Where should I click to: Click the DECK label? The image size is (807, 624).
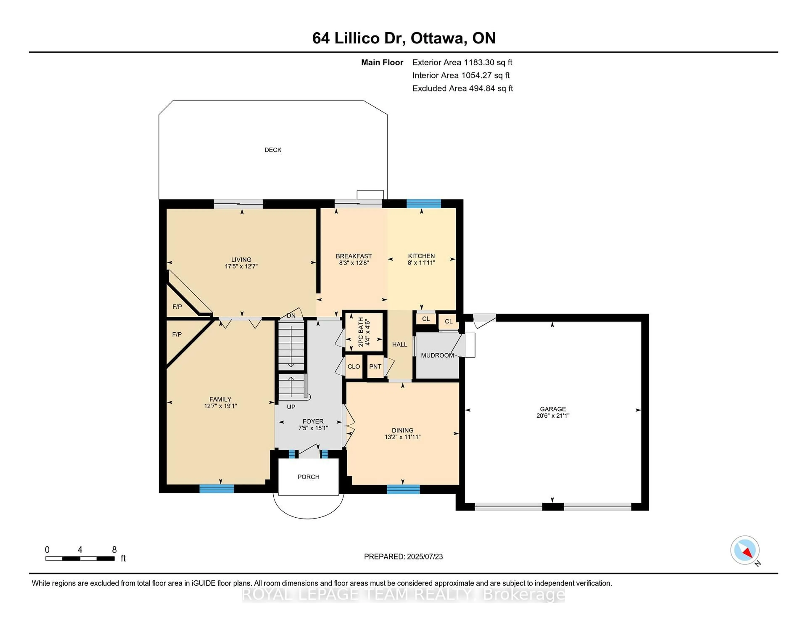[273, 150]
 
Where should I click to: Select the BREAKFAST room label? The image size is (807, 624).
[354, 256]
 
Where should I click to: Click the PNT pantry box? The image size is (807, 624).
[375, 366]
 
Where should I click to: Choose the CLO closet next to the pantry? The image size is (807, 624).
[354, 366]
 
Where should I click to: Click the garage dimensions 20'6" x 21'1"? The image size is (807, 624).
[553, 415]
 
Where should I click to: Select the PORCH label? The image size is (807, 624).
[308, 477]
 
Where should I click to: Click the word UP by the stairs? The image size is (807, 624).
[291, 407]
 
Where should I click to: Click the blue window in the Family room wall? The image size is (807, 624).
[216, 489]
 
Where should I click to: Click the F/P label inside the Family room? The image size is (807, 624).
[177, 334]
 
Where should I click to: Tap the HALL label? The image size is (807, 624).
[400, 344]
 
